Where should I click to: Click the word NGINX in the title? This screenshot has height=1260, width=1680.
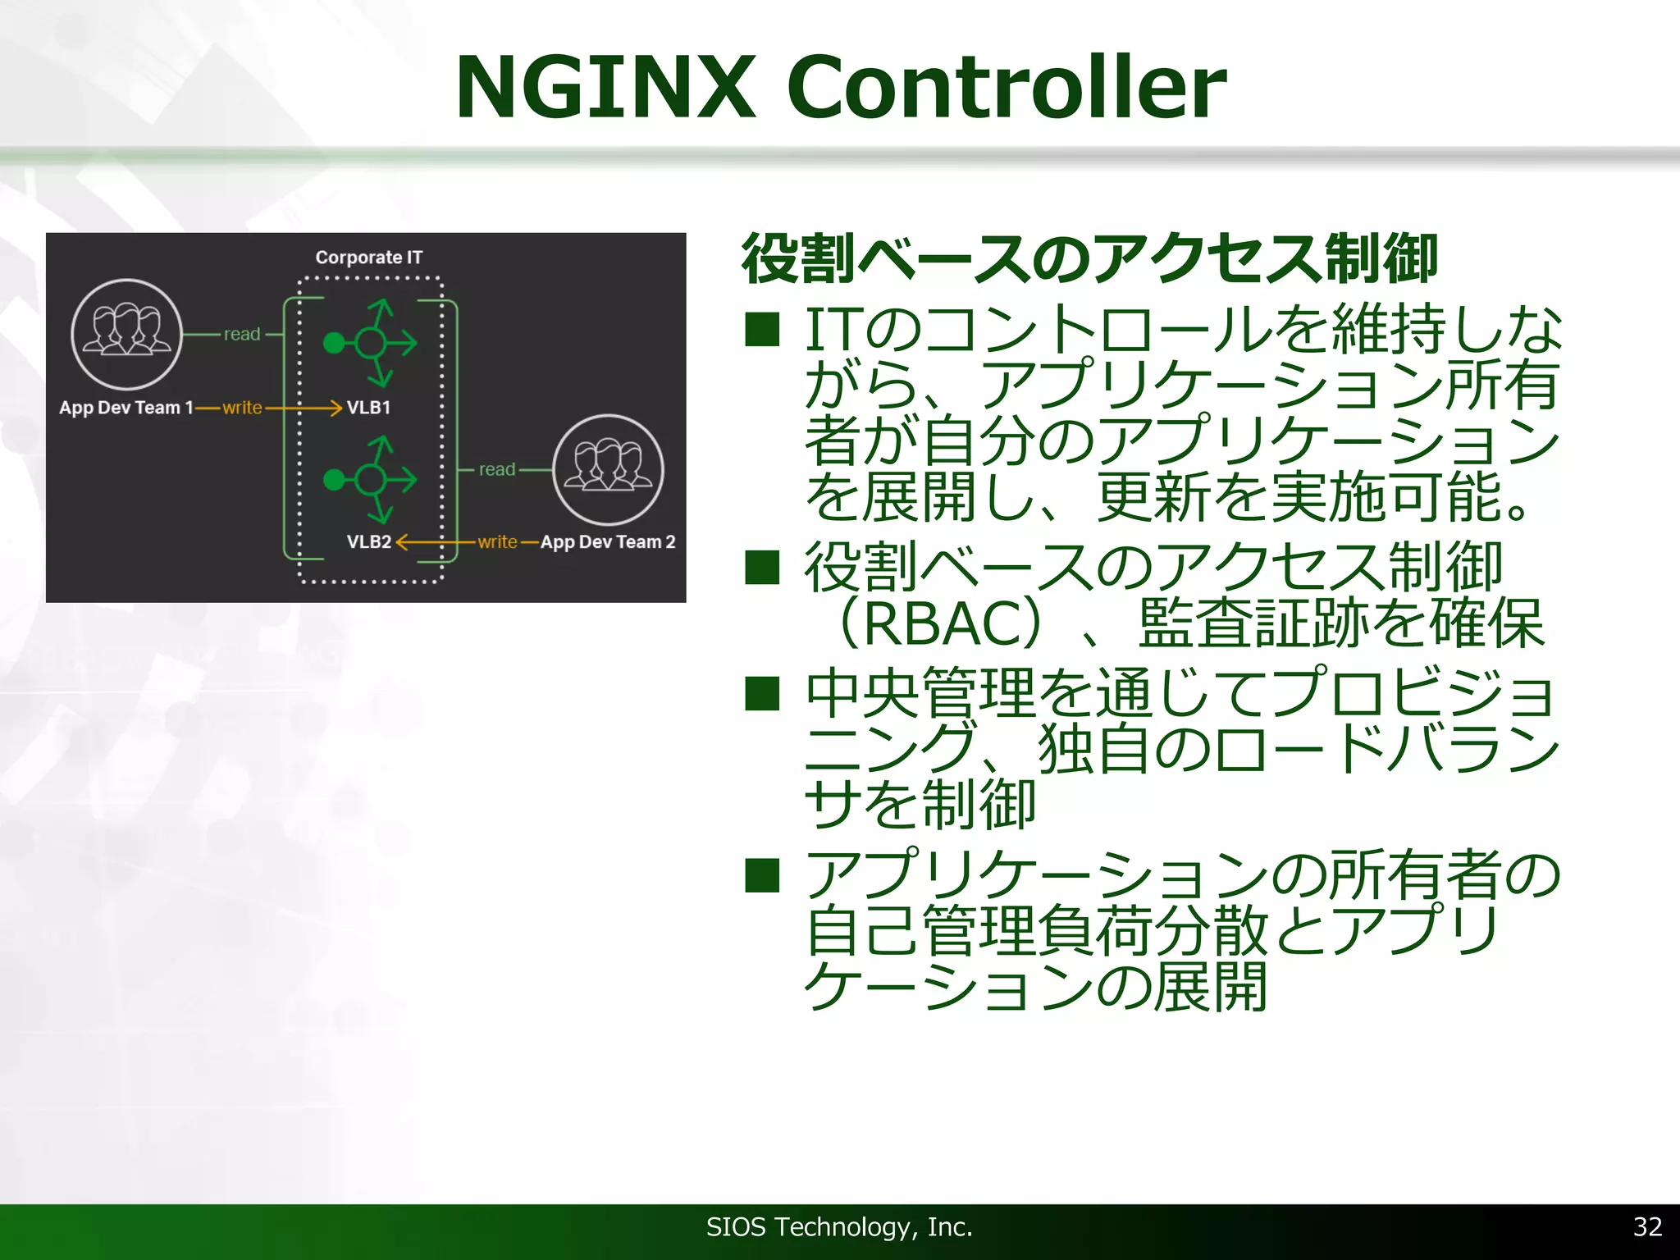click(x=605, y=87)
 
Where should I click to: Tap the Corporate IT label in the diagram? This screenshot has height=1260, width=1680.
click(x=369, y=258)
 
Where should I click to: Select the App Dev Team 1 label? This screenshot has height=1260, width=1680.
click(x=126, y=408)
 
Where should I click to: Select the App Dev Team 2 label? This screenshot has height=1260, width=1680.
click(x=608, y=542)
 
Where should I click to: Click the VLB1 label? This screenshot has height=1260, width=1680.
click(x=368, y=408)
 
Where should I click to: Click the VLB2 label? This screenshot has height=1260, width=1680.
click(x=368, y=542)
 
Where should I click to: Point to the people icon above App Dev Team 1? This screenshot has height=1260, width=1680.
click(x=126, y=334)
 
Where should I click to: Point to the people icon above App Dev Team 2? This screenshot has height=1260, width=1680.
click(x=608, y=469)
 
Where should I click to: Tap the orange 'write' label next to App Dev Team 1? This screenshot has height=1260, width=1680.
click(x=242, y=408)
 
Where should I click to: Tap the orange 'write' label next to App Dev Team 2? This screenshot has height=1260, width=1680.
click(x=497, y=542)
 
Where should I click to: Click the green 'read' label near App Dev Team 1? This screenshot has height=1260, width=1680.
click(x=242, y=335)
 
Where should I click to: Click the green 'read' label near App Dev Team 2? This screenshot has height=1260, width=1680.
click(x=497, y=470)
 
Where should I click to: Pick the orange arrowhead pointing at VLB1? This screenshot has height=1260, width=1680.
click(x=335, y=408)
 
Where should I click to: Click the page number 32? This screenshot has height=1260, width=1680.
click(x=1647, y=1227)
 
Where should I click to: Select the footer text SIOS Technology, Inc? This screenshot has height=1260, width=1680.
click(x=839, y=1227)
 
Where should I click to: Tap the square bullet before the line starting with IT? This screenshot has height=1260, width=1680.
click(x=762, y=330)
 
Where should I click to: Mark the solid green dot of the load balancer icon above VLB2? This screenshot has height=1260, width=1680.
click(x=334, y=479)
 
